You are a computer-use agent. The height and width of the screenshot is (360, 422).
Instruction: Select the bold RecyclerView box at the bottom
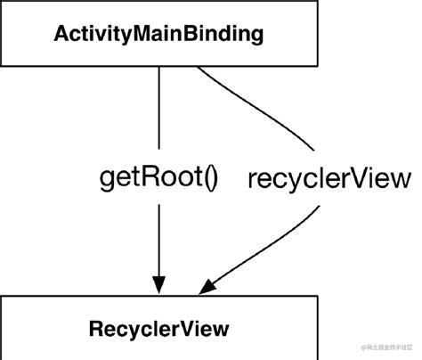(x=159, y=329)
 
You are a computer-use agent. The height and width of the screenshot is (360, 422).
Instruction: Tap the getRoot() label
(x=157, y=179)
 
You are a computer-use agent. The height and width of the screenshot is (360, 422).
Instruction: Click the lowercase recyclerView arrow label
(x=330, y=179)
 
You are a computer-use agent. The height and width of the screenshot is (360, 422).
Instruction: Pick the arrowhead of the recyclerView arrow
(x=207, y=287)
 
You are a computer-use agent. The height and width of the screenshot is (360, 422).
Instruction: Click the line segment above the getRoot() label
(x=159, y=107)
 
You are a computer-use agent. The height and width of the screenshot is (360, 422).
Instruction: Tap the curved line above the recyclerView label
(x=258, y=111)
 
